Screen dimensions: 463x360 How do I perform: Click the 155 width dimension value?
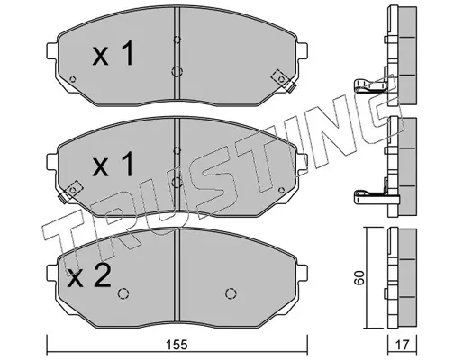tap(177, 345)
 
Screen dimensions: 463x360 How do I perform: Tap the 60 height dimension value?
tap(359, 278)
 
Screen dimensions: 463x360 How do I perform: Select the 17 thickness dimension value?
tap(402, 345)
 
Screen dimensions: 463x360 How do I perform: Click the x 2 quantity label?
tap(89, 276)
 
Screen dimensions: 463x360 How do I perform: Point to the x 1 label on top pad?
tap(113, 53)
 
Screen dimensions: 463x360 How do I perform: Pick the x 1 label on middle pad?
tap(113, 164)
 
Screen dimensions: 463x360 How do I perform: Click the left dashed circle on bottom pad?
tap(123, 293)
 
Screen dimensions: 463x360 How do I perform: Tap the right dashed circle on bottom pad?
tap(231, 293)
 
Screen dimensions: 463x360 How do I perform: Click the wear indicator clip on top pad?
tap(283, 81)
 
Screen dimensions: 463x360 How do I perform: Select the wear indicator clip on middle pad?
tap(70, 192)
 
